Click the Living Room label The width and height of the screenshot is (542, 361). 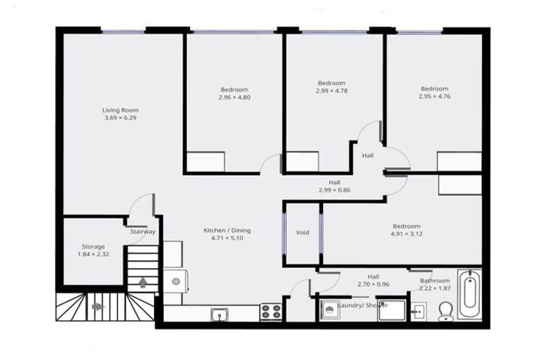point(120,110)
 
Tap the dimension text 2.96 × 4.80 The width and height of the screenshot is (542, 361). point(234,97)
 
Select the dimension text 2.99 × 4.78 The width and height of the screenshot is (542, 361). point(331,91)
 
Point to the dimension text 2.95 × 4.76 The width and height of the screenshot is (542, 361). point(434,97)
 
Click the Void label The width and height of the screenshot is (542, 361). point(303,232)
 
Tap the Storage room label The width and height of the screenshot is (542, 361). point(93,247)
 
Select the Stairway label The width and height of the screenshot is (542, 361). point(143,231)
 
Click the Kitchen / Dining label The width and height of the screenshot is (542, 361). point(227,231)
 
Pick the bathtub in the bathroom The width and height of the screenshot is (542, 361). point(469,295)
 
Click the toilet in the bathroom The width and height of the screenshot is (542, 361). point(446,311)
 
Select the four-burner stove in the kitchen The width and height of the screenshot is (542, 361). point(271,310)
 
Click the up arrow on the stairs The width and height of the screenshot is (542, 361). point(143,283)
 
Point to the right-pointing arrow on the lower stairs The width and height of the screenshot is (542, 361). point(97,307)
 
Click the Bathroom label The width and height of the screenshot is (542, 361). point(435,281)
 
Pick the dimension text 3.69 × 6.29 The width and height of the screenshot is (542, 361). point(120,118)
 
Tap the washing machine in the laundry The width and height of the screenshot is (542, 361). point(329,310)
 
